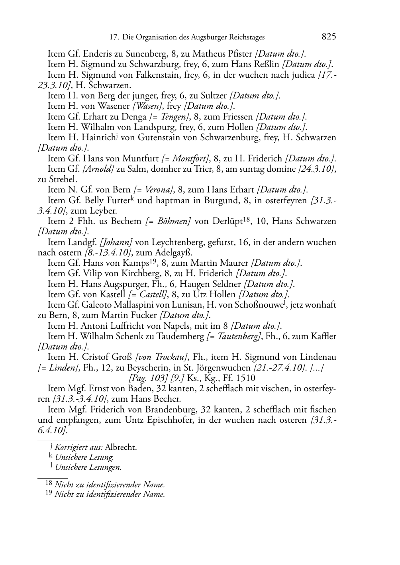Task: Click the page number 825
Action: click(x=329, y=37)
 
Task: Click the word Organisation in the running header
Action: click(x=157, y=37)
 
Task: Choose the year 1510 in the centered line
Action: click(x=246, y=378)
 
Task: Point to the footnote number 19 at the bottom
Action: click(x=48, y=494)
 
